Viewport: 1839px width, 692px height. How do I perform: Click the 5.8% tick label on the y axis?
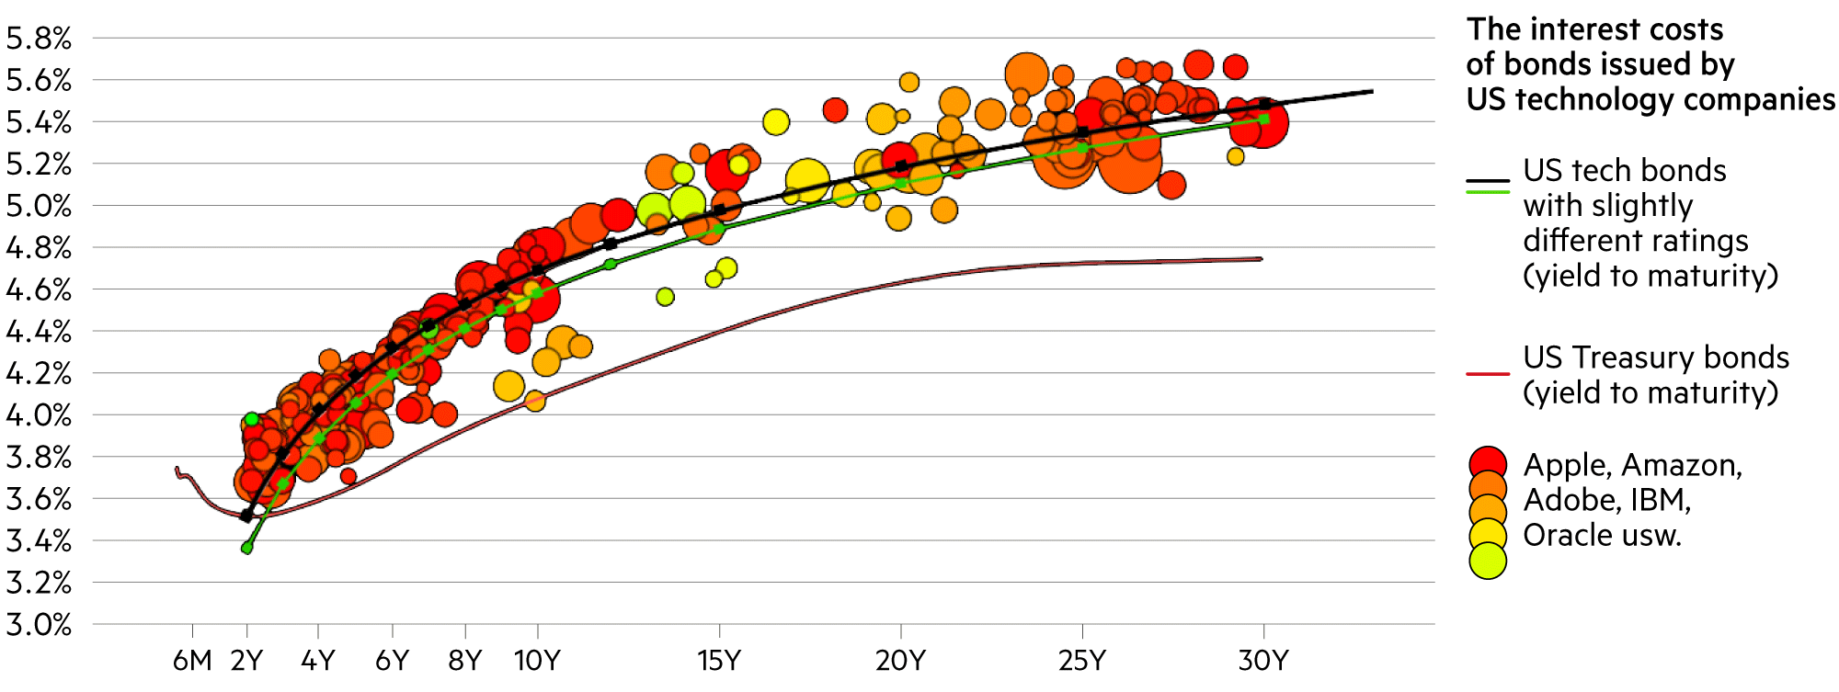39,39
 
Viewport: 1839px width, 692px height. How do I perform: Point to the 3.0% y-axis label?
39,625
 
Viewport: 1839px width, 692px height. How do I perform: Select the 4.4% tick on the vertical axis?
39,332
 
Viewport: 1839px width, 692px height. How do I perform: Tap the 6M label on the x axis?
192,660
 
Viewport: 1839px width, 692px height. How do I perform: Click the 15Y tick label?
719,660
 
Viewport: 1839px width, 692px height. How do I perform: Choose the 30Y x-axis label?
1263,660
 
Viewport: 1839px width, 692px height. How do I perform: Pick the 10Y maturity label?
537,660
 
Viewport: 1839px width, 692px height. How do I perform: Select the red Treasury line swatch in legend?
1488,374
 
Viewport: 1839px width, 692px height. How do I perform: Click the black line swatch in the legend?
1488,182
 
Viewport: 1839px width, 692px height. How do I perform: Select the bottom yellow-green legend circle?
1488,562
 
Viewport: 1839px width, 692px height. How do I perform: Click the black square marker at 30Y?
1264,104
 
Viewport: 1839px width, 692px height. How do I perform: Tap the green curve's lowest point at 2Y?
246,548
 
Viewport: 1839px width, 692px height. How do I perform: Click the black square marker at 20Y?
901,166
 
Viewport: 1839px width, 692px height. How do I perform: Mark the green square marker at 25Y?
1082,148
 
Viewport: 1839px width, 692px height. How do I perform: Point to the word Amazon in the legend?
1682,465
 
